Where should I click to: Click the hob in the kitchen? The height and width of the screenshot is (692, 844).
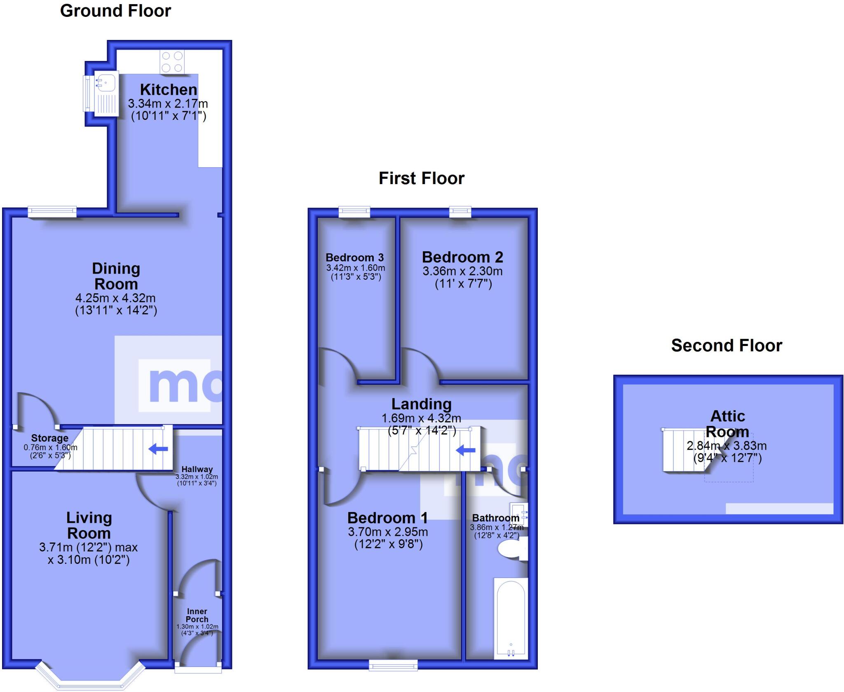[x=172, y=62]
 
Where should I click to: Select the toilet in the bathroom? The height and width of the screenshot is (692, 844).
[x=512, y=549]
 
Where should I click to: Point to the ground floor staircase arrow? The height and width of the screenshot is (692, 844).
[x=158, y=449]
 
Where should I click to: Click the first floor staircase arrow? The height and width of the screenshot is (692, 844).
[x=466, y=451]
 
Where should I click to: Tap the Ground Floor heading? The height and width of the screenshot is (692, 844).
[x=115, y=11]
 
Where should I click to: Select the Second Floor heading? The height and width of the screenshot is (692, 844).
[x=726, y=346]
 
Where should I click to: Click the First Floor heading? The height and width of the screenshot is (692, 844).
[x=421, y=178]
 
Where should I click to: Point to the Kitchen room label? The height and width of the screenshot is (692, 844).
[x=168, y=89]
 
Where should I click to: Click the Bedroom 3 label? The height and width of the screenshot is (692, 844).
[x=354, y=258]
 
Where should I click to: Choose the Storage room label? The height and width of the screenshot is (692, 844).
[x=49, y=438]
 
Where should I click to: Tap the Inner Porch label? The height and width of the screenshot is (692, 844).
[x=197, y=615]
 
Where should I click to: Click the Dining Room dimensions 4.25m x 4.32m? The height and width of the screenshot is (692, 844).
[x=115, y=298]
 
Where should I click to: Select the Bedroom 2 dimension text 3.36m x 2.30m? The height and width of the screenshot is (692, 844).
[x=462, y=271]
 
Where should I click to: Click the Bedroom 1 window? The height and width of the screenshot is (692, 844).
[x=393, y=664]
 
